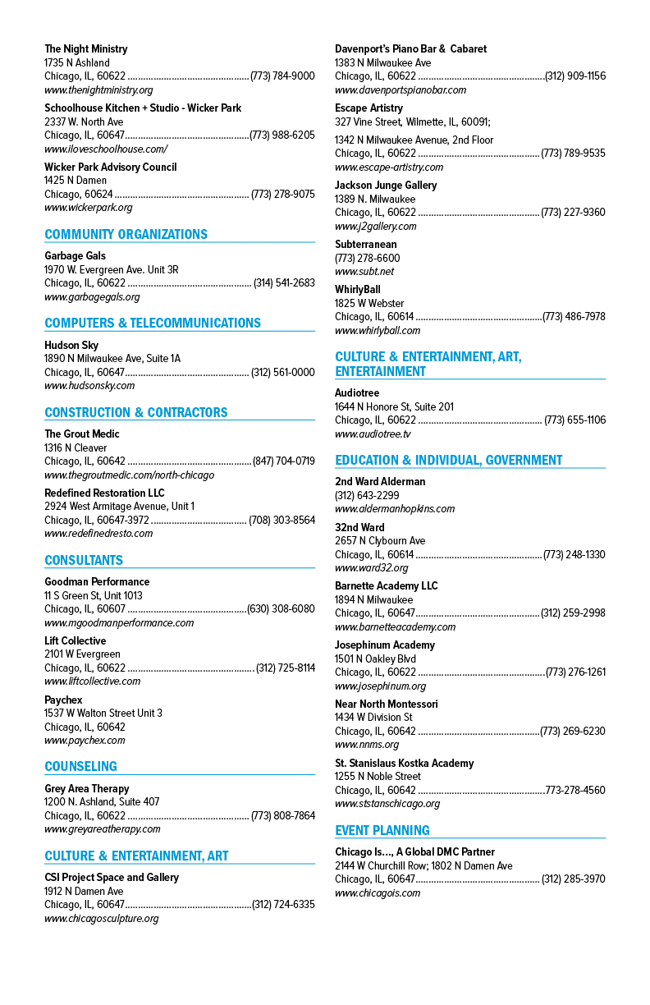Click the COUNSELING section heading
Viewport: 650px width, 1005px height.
[80, 766]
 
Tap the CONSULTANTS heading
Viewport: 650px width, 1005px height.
[84, 560]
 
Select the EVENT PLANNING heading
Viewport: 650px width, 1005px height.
[382, 830]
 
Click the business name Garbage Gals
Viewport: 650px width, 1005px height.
[75, 255]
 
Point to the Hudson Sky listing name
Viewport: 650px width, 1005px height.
[71, 345]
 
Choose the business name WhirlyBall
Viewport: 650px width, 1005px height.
[358, 289]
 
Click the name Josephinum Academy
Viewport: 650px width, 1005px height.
[385, 645]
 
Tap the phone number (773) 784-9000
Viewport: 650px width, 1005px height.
[282, 76]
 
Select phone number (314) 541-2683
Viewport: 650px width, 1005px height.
[285, 282]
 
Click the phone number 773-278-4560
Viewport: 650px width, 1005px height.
[575, 790]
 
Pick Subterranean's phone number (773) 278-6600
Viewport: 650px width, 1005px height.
[368, 258]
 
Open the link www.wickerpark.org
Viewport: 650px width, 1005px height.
[89, 207]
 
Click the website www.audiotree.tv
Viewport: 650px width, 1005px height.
[373, 434]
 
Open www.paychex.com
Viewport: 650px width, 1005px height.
[85, 741]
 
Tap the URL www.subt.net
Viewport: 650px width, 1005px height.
[364, 272]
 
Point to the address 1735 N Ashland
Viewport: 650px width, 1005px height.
[76, 62]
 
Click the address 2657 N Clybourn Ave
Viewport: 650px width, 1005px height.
[380, 540]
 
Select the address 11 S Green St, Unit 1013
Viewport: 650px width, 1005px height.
[94, 595]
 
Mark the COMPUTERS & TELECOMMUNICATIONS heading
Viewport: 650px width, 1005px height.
[153, 323]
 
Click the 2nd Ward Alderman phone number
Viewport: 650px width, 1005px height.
[367, 495]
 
